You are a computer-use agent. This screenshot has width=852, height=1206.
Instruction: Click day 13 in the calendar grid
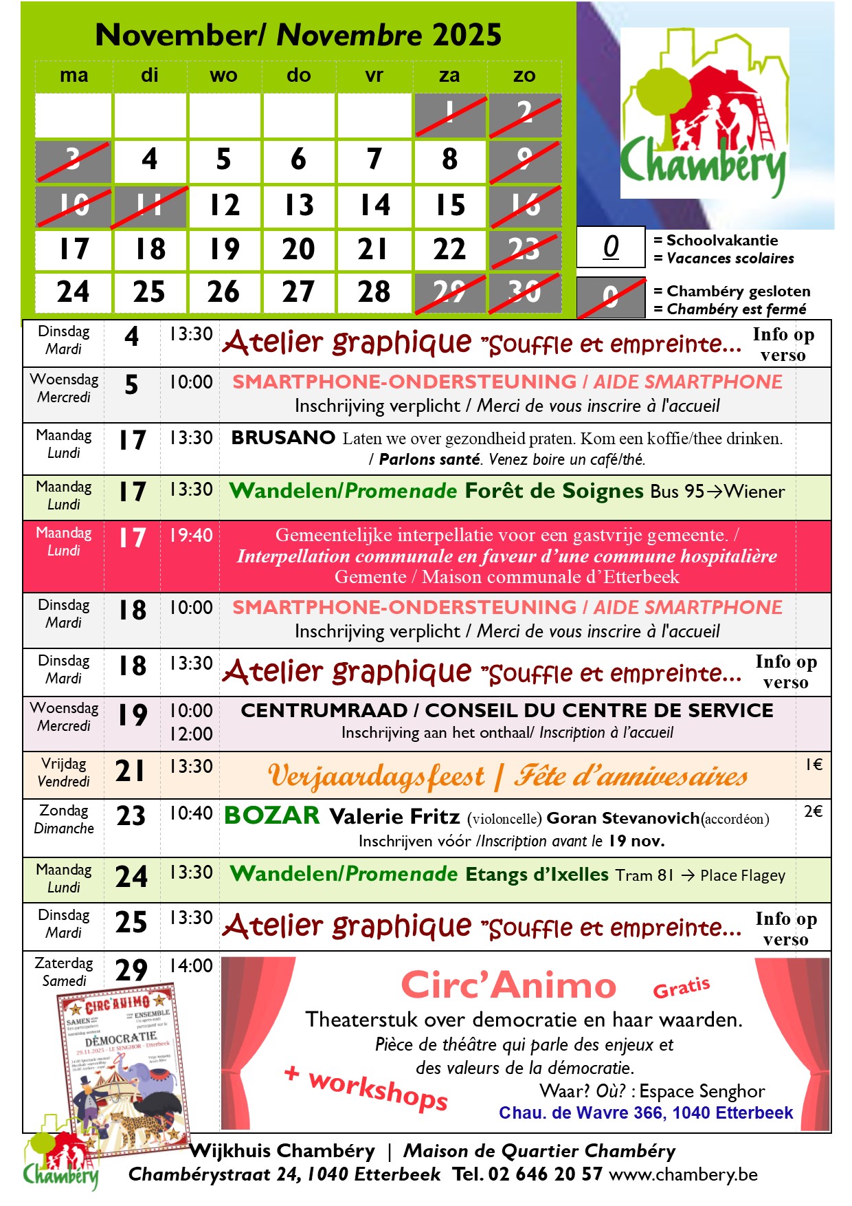pyautogui.click(x=299, y=205)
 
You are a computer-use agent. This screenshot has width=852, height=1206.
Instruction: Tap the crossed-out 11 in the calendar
pyautogui.click(x=149, y=205)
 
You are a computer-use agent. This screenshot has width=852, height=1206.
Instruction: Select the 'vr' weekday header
pyautogui.click(x=374, y=76)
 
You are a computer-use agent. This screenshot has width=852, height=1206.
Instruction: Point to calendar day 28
pyautogui.click(x=374, y=292)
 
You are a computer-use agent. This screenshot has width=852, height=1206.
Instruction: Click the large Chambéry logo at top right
pyautogui.click(x=704, y=113)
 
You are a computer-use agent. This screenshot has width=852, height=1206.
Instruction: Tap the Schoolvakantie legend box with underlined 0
pyautogui.click(x=611, y=246)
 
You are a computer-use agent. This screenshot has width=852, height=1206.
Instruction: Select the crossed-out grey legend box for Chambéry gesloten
pyautogui.click(x=611, y=298)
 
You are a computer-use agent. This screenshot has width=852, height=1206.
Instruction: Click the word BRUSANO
pyautogui.click(x=283, y=437)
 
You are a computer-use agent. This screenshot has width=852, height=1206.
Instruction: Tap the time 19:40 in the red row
pyautogui.click(x=191, y=535)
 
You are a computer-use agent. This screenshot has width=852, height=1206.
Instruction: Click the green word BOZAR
pyautogui.click(x=272, y=815)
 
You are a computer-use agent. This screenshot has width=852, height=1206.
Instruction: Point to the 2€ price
pyautogui.click(x=814, y=811)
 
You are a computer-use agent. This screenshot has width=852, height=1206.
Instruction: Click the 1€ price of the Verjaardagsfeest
pyautogui.click(x=814, y=765)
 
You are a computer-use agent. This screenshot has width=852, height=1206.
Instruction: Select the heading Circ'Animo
pyautogui.click(x=508, y=986)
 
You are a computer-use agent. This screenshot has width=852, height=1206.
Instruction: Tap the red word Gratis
pyautogui.click(x=681, y=988)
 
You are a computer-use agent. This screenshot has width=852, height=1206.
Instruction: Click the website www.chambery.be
pyautogui.click(x=683, y=1174)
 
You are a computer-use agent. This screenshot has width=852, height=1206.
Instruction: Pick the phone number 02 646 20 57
pyautogui.click(x=546, y=1174)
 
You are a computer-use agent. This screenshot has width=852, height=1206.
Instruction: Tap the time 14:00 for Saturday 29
pyautogui.click(x=191, y=965)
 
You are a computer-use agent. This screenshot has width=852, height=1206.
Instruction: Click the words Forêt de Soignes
pyautogui.click(x=554, y=491)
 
